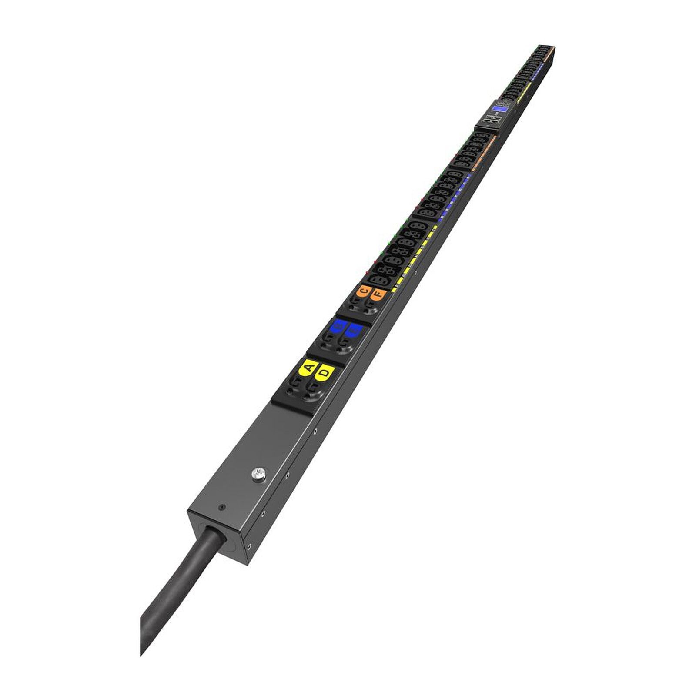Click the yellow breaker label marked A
[x=308, y=368]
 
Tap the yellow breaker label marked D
[x=325, y=372]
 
